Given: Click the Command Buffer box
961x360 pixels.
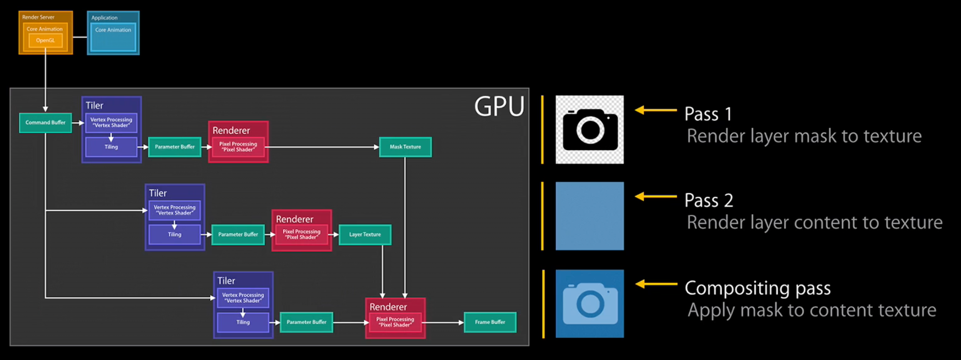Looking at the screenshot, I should click(45, 123).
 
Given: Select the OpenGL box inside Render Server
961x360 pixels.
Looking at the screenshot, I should click(45, 41).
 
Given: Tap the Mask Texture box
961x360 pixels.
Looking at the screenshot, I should click(405, 147).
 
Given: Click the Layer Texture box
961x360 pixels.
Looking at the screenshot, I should click(365, 235).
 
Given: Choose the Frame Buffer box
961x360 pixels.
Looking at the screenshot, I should click(490, 322).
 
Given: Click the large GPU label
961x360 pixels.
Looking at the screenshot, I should click(499, 107).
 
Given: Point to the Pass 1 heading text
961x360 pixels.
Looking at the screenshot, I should click(708, 114).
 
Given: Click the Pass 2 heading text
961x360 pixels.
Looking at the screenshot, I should click(708, 201).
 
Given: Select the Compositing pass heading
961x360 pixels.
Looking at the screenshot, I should click(757, 289).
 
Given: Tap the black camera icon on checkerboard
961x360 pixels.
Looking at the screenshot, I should click(589, 130).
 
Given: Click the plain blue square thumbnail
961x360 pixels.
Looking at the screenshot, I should click(589, 216).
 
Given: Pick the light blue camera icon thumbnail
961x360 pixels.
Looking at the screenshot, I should click(589, 304).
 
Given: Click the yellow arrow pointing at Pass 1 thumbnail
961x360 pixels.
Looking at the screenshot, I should click(655, 110).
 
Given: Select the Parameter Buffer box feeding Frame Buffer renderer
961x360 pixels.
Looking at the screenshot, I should click(306, 322).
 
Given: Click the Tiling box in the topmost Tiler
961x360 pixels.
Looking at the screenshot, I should click(111, 147).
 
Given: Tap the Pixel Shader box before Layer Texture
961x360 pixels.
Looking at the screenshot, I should click(301, 235).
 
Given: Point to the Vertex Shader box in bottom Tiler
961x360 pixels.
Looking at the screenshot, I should click(243, 298).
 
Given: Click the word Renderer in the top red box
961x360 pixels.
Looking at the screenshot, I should click(231, 131).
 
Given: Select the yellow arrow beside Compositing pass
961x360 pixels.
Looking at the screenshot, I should click(656, 284).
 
